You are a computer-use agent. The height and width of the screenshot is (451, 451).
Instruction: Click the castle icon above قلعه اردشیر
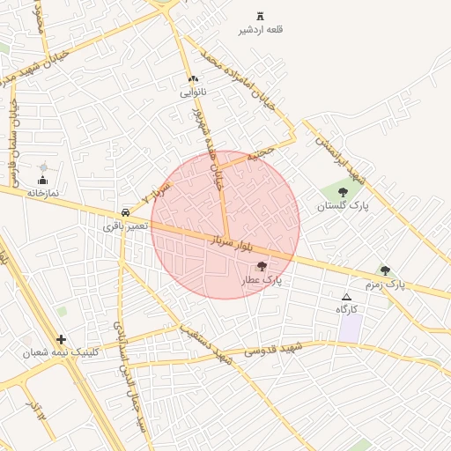point(260,16)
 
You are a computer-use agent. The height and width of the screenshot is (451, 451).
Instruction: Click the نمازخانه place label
point(41,192)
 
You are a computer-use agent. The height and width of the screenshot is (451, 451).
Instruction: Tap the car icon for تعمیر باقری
point(126,213)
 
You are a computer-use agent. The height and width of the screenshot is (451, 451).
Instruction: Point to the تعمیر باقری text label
point(126,226)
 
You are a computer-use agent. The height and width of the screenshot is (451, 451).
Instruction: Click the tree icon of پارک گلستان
point(343,192)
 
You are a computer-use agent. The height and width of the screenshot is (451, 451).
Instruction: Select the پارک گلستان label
point(343,205)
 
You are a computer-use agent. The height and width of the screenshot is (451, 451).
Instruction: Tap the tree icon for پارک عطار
point(261,267)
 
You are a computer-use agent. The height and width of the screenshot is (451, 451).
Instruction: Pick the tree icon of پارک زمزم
point(385,270)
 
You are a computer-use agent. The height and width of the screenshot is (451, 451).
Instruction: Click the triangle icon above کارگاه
point(346,297)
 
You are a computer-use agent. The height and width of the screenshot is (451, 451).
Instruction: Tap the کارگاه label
point(346,310)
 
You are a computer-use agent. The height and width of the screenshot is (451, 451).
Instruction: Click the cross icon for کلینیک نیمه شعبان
point(61,339)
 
